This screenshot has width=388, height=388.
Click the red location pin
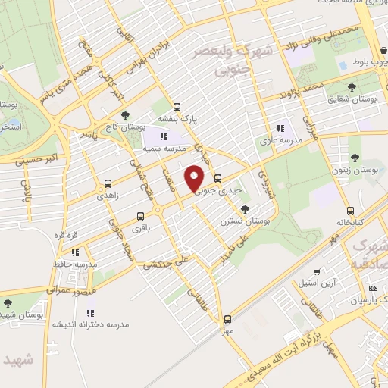[196, 178]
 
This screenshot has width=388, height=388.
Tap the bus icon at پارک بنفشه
[177, 107]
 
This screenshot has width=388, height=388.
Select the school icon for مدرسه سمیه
[164, 136]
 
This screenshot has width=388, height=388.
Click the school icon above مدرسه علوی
[281, 129]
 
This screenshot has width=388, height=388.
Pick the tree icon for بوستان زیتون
[355, 158]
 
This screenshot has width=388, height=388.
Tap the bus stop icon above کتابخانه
[350, 211]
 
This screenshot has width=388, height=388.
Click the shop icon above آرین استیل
[317, 271]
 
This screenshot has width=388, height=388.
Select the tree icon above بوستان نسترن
[244, 208]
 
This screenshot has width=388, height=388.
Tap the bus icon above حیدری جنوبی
[218, 179]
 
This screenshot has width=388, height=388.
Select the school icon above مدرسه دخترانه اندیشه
[90, 311]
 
